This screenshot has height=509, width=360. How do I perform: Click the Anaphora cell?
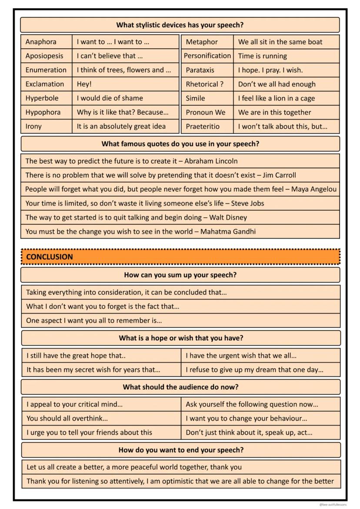[x=41, y=42]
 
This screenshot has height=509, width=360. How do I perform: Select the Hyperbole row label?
[x=42, y=98]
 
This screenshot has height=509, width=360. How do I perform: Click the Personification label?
[x=207, y=56]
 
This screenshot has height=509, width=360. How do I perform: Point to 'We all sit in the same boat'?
[x=280, y=42]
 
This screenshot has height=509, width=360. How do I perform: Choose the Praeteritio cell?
[x=203, y=126]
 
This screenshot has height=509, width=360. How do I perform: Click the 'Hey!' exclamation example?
[x=84, y=84]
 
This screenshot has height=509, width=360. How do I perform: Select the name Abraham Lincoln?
[x=211, y=161]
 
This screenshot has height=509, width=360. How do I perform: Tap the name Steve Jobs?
[x=247, y=203]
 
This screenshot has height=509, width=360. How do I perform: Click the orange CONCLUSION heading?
[x=50, y=257]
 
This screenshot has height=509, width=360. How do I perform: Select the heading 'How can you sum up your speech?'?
[x=180, y=275]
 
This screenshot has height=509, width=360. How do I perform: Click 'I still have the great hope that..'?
[x=76, y=356]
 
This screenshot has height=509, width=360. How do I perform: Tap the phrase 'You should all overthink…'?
[x=67, y=419]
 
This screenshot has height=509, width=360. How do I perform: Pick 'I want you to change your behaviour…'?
[x=247, y=419]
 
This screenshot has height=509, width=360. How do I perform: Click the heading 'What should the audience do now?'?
[x=181, y=387]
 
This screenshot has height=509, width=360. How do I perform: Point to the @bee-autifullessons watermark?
[x=333, y=505]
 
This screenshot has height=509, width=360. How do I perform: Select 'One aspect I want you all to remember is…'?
[x=94, y=321]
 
